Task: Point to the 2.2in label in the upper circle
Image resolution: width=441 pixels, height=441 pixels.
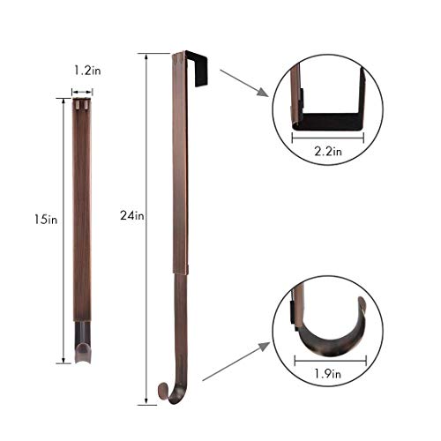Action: click(x=327, y=150)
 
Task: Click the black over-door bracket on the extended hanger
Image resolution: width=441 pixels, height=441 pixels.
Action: click(x=196, y=69)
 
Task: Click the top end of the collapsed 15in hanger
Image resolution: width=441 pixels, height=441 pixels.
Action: click(x=82, y=104)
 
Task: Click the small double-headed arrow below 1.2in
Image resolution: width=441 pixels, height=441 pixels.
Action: click(x=82, y=91)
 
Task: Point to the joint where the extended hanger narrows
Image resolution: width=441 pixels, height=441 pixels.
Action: click(x=179, y=272)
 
